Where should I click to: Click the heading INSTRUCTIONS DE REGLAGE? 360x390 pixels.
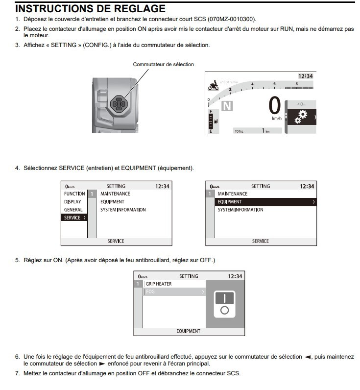point(91,9)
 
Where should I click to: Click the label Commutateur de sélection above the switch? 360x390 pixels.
point(163,64)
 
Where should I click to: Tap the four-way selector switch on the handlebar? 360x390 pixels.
point(120,103)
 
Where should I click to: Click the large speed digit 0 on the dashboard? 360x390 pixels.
point(275,105)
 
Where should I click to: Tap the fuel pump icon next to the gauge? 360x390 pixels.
point(216,121)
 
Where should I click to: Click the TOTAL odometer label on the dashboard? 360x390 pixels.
point(239,131)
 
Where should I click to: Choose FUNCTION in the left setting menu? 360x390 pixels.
point(74,194)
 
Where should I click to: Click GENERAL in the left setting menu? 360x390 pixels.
point(73,210)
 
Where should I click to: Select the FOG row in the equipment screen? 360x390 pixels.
point(174,292)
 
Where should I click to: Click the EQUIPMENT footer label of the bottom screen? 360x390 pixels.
point(189,331)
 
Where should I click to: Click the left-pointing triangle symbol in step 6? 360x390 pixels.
point(307,357)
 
